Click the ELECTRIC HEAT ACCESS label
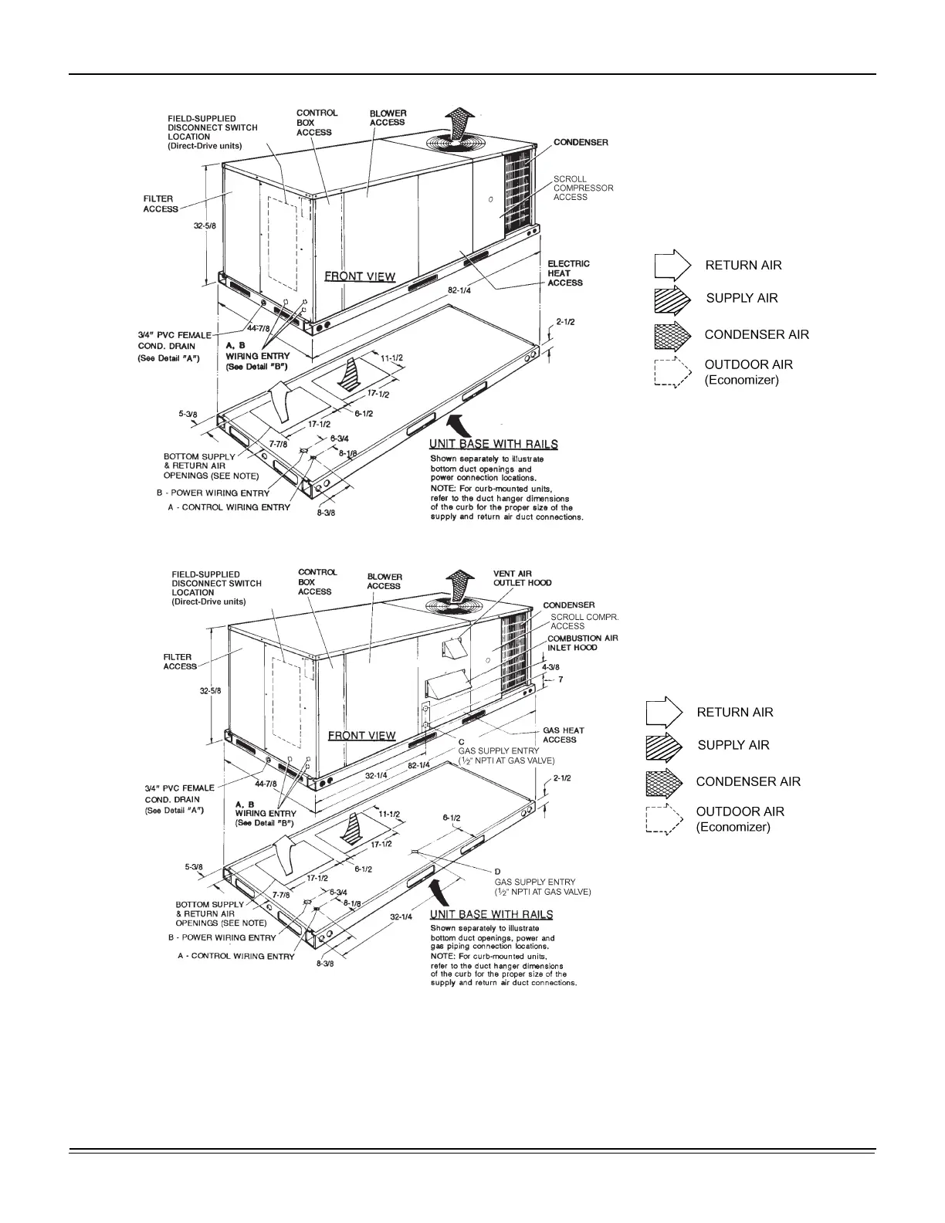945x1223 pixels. click(x=568, y=273)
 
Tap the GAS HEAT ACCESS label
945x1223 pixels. click(x=563, y=735)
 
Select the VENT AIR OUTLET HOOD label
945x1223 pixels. click(x=522, y=578)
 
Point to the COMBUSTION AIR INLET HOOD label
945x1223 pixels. click(x=583, y=643)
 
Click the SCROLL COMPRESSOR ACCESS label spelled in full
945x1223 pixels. click(x=583, y=188)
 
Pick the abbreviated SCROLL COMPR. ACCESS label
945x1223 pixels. click(x=584, y=622)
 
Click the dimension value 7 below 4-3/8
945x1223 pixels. click(x=561, y=679)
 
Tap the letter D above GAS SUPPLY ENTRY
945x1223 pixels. click(x=497, y=872)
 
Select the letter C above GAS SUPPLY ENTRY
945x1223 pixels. click(x=461, y=741)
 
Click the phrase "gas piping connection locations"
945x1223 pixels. click(x=489, y=946)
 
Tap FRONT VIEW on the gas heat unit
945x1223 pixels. click(x=361, y=735)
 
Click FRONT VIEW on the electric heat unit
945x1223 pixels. click(x=359, y=276)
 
